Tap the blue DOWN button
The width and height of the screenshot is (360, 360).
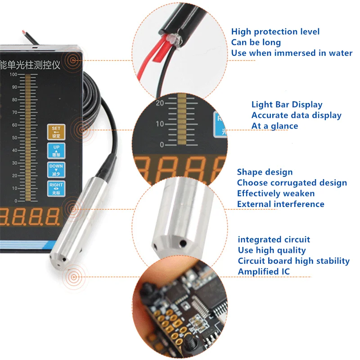[x=57, y=170]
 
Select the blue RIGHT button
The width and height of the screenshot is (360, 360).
[x=57, y=188]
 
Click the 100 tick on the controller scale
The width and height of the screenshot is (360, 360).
[x=14, y=74]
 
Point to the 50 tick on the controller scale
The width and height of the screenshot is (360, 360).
[x=14, y=138]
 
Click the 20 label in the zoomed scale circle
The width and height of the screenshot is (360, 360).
[x=160, y=103]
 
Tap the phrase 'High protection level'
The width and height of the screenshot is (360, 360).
[x=275, y=31]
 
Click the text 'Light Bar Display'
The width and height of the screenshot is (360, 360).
[x=287, y=104]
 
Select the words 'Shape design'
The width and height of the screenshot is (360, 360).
[x=265, y=172]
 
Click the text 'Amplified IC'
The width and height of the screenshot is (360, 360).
[x=264, y=271]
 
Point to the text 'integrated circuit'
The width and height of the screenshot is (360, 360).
[x=274, y=239]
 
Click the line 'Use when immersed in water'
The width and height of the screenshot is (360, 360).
[x=292, y=53]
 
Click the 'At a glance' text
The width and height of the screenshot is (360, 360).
[x=274, y=126]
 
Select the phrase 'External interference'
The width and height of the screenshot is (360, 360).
[x=280, y=204]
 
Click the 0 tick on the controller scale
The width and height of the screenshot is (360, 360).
[x=15, y=201]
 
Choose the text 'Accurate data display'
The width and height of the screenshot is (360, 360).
[x=296, y=115]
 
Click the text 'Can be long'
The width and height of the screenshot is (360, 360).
[x=256, y=42]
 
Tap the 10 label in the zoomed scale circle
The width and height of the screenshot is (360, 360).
[x=160, y=124]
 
